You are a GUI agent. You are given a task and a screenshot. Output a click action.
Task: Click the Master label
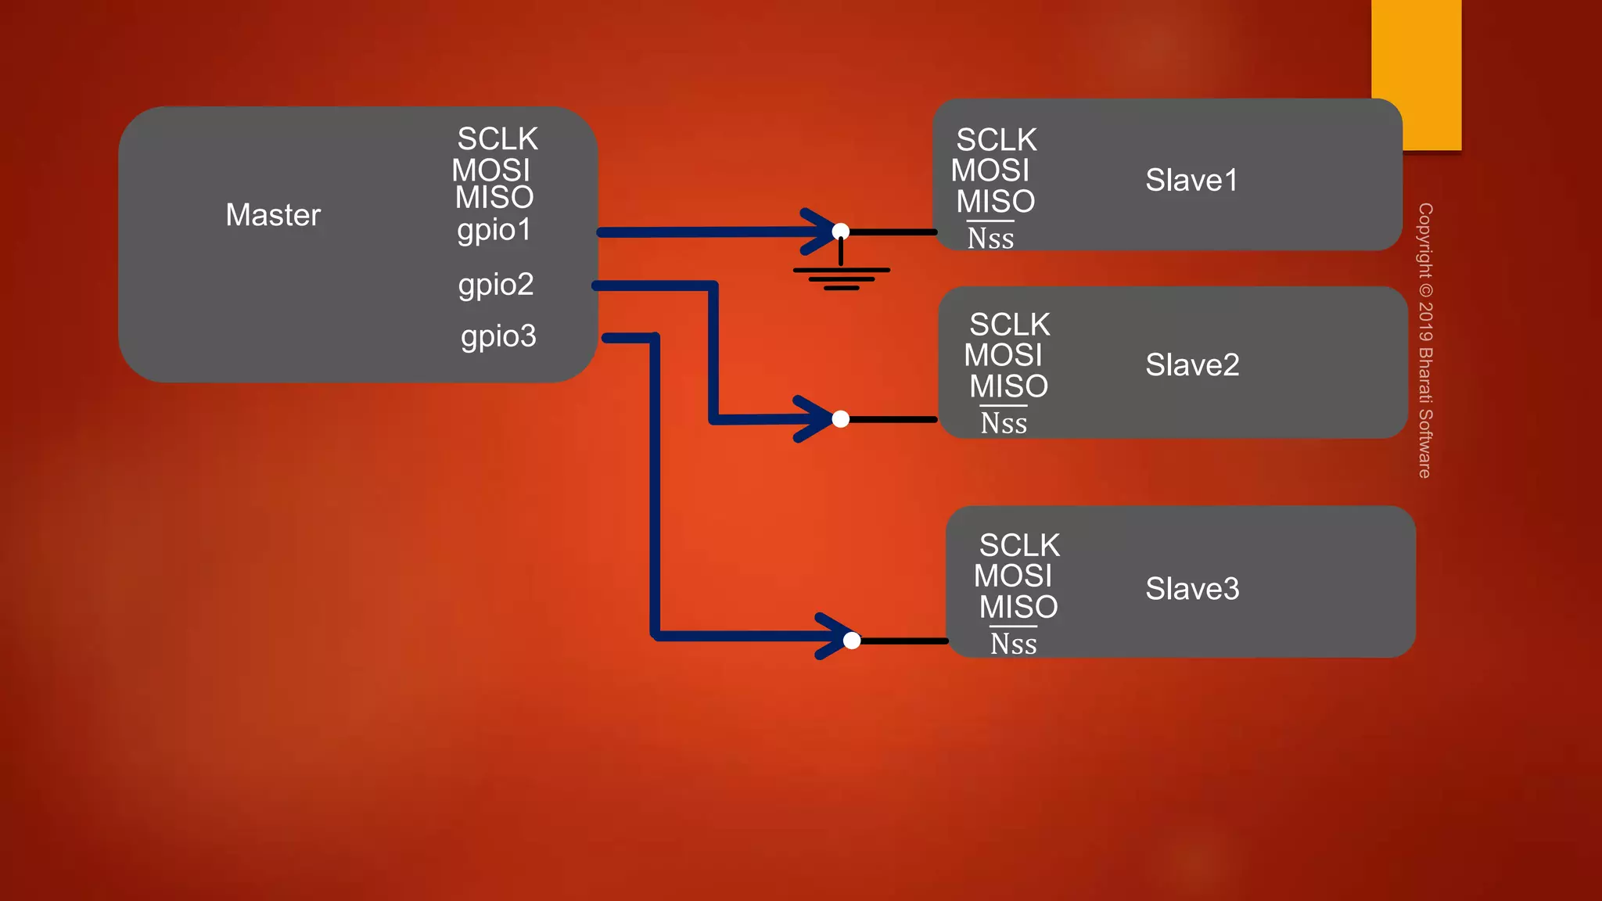[x=273, y=215]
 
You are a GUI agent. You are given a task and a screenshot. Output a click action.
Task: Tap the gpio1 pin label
[x=494, y=230]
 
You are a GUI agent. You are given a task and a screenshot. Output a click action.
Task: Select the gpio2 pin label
[x=496, y=285]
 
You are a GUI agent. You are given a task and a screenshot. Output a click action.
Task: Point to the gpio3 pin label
[x=498, y=336]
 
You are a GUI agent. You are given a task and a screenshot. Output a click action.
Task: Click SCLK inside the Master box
[x=497, y=139]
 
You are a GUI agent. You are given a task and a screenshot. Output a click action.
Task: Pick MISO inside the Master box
[x=494, y=198]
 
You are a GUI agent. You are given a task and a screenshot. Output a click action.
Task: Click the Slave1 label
[x=1191, y=181]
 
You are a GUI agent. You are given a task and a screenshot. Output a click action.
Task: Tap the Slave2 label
[x=1192, y=365]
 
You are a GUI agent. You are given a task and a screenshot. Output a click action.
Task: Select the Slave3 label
[x=1192, y=589]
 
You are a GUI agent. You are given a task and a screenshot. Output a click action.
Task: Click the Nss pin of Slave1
[x=990, y=238]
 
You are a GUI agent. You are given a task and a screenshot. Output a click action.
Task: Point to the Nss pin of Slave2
[x=1004, y=423]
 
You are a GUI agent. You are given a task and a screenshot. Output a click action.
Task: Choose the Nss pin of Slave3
[x=1013, y=644]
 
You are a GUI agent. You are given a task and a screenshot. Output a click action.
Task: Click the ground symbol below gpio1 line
[x=841, y=277]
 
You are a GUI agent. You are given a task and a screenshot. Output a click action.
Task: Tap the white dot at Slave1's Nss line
[x=841, y=232]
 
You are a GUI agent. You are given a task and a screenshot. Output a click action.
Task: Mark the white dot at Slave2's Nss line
[x=841, y=419]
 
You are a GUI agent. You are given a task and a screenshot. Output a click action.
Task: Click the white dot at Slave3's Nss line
[x=852, y=641]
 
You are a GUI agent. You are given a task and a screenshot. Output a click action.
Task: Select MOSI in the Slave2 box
[x=1003, y=356]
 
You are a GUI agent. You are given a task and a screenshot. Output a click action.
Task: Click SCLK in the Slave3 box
[x=1019, y=545]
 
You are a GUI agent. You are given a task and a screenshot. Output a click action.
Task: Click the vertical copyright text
[x=1425, y=340]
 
